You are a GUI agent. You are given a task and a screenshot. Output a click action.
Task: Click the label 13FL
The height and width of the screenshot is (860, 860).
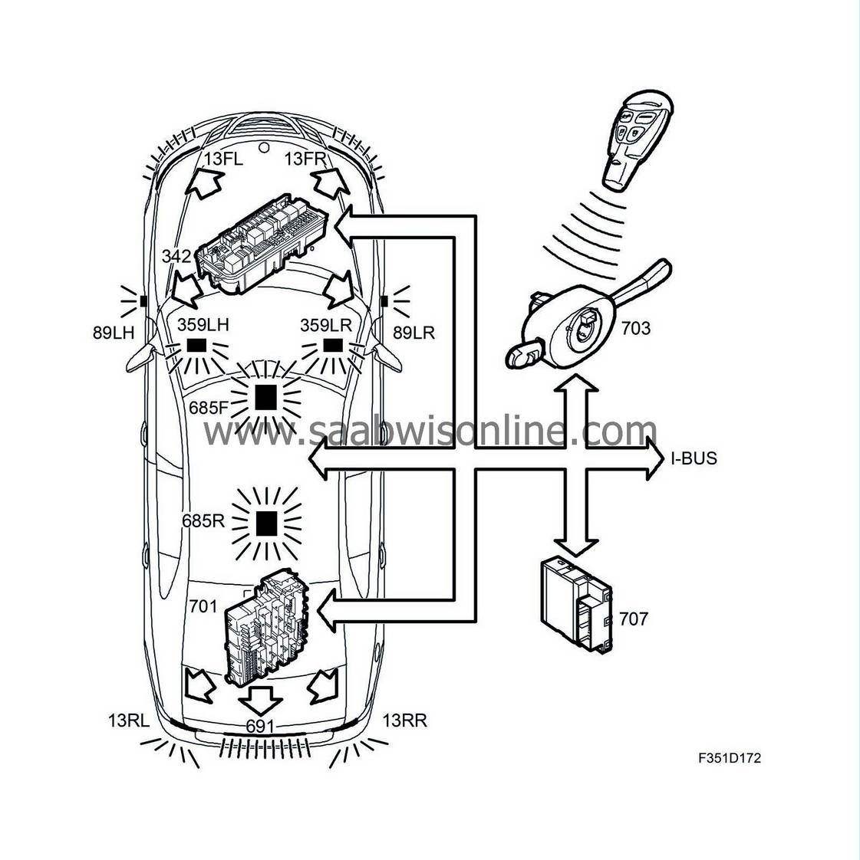[x=223, y=159]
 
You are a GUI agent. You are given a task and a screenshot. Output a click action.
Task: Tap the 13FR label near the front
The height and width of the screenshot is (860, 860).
[x=305, y=159]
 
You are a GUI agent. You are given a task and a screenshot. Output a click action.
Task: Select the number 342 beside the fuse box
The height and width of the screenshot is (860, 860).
[x=176, y=256]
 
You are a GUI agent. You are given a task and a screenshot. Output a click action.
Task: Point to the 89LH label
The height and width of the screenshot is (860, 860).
[x=114, y=333]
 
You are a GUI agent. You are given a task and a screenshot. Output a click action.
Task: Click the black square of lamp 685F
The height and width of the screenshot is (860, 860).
[x=265, y=398]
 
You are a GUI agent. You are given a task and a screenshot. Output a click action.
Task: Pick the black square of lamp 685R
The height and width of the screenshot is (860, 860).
[x=267, y=524]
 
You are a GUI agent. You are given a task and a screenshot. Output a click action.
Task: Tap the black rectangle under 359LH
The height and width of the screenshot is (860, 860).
[x=196, y=345]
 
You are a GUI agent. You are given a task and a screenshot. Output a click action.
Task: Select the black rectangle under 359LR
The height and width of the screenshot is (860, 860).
[x=333, y=345]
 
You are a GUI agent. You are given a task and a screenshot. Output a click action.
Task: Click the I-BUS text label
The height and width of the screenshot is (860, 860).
[x=694, y=458]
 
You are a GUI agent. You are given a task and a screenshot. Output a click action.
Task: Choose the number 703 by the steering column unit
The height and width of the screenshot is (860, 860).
[x=635, y=328]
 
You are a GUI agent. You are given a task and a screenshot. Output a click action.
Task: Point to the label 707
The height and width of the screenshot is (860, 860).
[x=634, y=619]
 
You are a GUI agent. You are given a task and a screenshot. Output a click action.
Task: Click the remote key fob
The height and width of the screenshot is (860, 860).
[x=638, y=140]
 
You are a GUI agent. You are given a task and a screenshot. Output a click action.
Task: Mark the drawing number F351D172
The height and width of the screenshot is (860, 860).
[x=730, y=758]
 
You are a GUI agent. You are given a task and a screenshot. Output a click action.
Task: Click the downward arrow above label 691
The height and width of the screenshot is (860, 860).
[x=261, y=700]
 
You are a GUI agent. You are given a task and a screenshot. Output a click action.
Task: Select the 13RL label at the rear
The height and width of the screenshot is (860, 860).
[x=129, y=720]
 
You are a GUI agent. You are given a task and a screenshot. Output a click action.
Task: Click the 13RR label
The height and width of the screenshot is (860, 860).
[x=404, y=720]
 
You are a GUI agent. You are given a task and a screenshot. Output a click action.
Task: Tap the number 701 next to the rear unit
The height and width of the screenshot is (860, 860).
[x=203, y=606]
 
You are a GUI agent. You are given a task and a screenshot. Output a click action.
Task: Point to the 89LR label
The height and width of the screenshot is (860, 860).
[x=414, y=333]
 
